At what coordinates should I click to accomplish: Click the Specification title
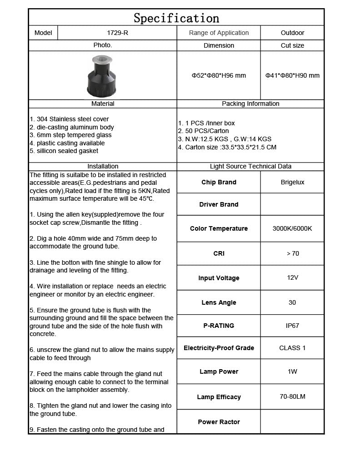pos(176,18)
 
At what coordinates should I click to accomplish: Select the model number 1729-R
pos(117,33)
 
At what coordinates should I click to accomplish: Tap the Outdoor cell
pos(292,33)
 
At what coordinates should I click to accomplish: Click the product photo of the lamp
pos(103,75)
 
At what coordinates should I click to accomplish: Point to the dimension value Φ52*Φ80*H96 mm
pos(219,75)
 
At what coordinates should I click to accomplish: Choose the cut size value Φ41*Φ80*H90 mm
pos(292,75)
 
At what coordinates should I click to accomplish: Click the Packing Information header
pos(250,104)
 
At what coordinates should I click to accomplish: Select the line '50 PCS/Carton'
pos(204,131)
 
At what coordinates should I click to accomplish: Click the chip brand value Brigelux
pos(292,182)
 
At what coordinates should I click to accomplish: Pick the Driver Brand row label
pos(219,204)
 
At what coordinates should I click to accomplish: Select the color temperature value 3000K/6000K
pos(292,228)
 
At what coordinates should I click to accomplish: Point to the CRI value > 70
pos(293,253)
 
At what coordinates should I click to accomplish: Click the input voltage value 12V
pos(292,277)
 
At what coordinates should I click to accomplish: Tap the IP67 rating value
pos(292,326)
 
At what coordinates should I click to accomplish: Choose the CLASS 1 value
pos(292,348)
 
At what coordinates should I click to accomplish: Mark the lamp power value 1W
pos(292,371)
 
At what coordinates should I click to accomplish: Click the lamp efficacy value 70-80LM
pos(292,396)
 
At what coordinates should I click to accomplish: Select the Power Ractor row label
pos(219,422)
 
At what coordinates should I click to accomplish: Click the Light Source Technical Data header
pos(250,166)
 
